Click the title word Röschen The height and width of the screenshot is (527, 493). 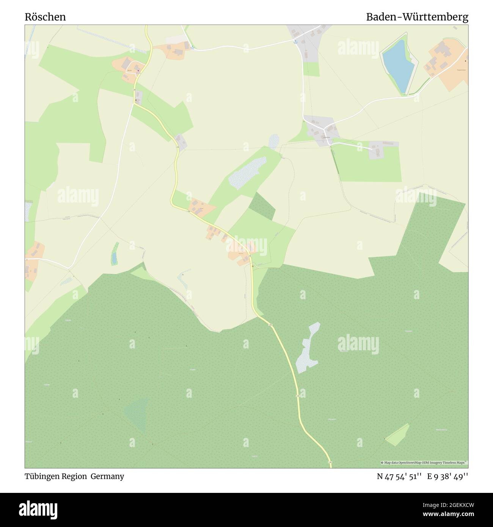click(x=45, y=17)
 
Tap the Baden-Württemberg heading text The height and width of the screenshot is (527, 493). click(x=417, y=17)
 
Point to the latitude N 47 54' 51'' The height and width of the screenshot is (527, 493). click(x=399, y=477)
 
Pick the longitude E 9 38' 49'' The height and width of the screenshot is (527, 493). click(x=447, y=477)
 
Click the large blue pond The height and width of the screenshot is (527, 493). click(x=398, y=64)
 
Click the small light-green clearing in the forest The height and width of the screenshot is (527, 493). click(x=398, y=434)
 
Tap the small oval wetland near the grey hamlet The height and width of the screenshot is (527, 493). click(x=273, y=141)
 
